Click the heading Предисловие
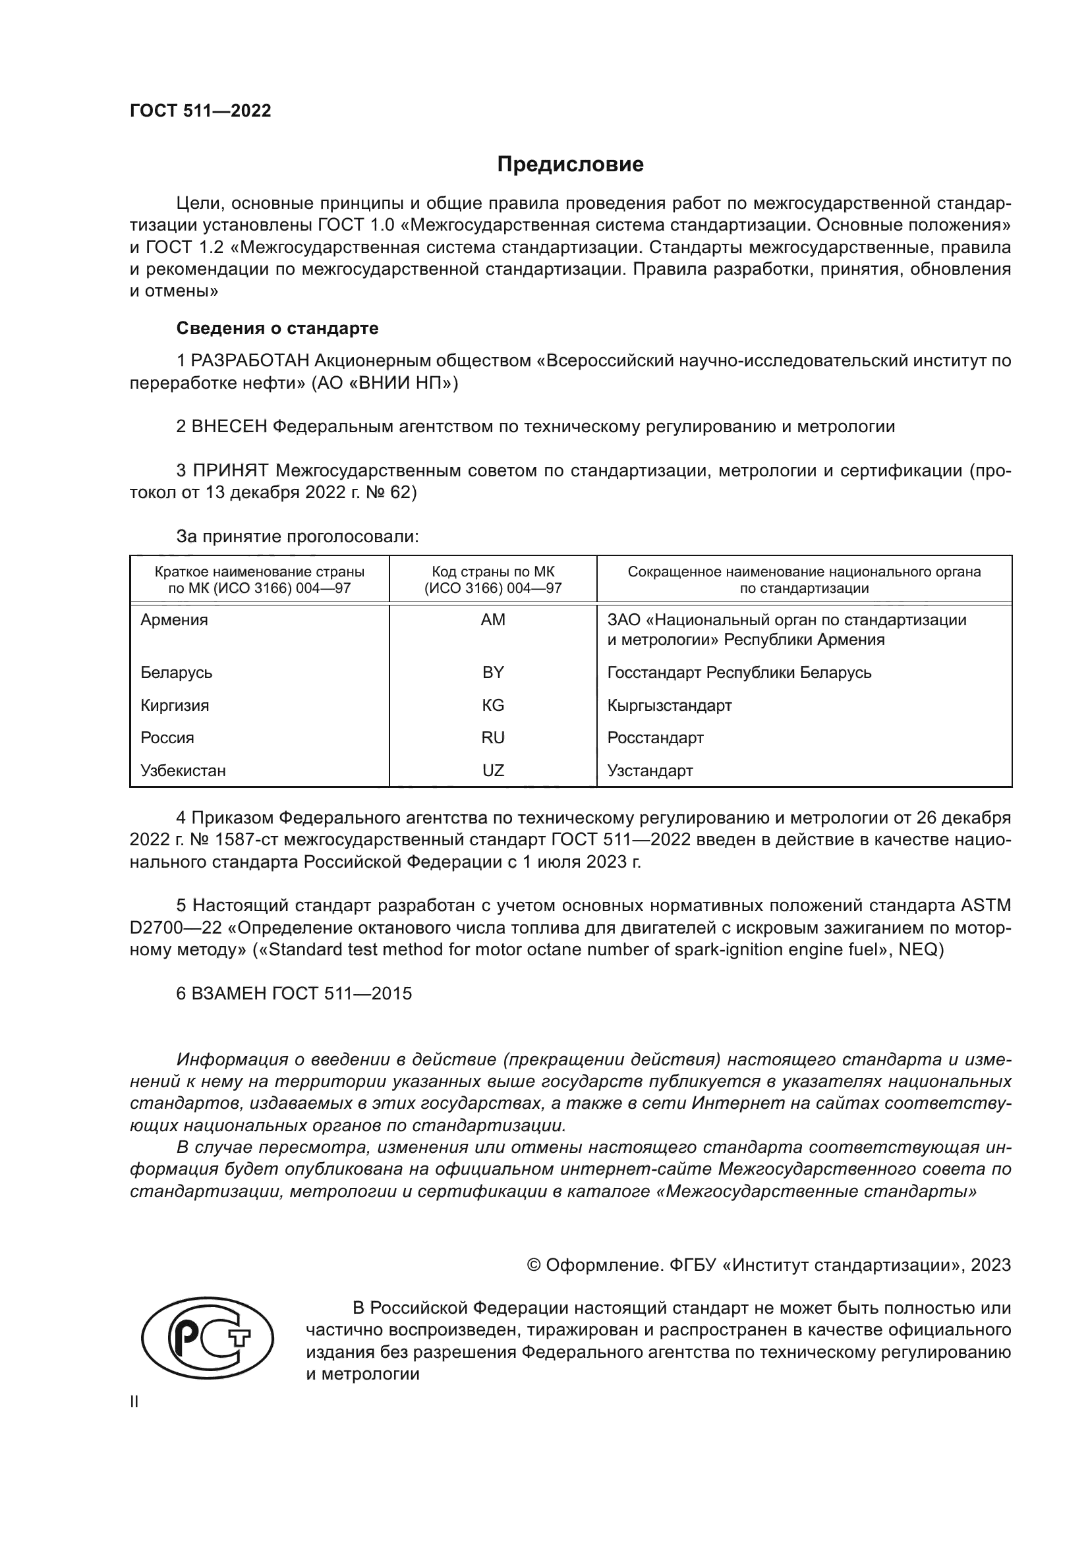[x=570, y=165]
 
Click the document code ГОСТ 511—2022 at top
[x=200, y=111]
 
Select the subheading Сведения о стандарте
[x=277, y=328]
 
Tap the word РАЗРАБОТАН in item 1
[x=250, y=361]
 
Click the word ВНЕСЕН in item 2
[x=229, y=427]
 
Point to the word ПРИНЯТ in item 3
[x=230, y=470]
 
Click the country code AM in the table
[x=493, y=620]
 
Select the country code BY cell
[x=493, y=673]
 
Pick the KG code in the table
[x=493, y=706]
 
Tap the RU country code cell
[x=493, y=738]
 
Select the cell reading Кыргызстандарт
[x=669, y=706]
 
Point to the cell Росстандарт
[x=655, y=738]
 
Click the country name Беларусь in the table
[x=176, y=673]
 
